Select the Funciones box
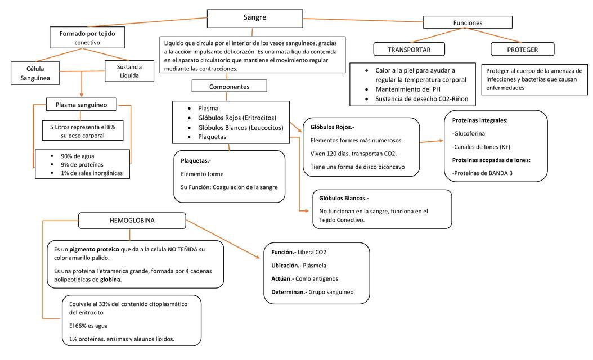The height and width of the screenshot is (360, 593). click(468, 22)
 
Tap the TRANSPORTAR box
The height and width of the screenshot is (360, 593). click(409, 49)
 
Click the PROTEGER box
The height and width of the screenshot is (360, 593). click(522, 49)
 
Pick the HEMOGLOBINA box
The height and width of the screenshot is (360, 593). click(132, 220)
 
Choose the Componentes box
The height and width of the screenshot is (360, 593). click(229, 87)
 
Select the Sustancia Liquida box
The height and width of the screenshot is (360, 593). click(129, 71)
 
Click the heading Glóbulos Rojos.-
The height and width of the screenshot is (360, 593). click(332, 127)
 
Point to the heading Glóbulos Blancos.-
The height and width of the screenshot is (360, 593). click(344, 198)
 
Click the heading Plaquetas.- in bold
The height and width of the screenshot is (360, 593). click(196, 160)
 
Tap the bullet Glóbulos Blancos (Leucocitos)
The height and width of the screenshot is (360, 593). click(241, 127)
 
